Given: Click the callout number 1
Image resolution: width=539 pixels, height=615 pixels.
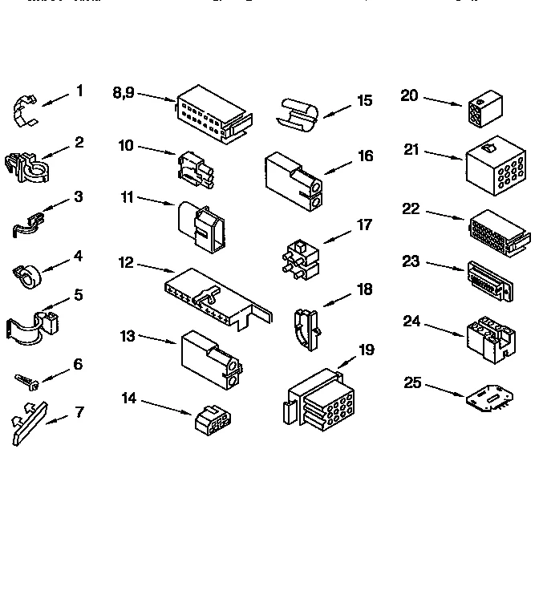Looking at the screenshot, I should tap(79, 91).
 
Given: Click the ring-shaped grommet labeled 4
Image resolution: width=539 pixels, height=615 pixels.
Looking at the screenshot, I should tap(29, 277).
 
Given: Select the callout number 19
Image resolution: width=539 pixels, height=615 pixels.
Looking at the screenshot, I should tap(365, 350).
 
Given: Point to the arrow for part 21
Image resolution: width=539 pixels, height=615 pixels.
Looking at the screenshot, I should tap(445, 155).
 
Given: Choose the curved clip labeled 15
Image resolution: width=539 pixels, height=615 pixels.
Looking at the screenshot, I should tap(297, 113).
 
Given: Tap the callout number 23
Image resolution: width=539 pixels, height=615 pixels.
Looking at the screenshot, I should tap(411, 261).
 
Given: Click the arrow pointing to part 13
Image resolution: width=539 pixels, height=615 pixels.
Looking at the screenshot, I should tap(157, 340).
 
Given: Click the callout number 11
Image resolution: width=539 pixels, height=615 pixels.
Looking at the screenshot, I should tap(126, 196).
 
